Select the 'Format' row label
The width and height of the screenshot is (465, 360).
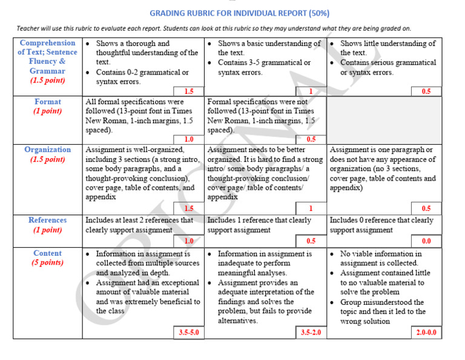tap(48, 102)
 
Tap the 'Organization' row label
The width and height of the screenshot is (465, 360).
tap(48, 150)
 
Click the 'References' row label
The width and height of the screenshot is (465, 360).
tap(48, 220)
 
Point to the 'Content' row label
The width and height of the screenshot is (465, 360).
tap(48, 253)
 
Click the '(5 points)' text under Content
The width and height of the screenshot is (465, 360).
tap(48, 263)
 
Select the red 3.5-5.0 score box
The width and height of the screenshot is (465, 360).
tap(189, 333)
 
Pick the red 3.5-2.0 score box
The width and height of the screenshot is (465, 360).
tap(311, 333)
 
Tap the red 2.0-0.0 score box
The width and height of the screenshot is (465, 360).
tap(426, 333)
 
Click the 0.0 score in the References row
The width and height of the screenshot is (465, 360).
tap(426, 241)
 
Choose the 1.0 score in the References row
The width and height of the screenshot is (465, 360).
tap(189, 241)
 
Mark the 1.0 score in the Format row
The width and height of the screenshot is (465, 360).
tap(189, 139)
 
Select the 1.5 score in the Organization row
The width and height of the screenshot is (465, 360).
tap(189, 208)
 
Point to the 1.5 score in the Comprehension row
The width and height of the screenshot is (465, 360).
tap(189, 92)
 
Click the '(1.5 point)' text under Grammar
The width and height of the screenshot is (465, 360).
tap(48, 81)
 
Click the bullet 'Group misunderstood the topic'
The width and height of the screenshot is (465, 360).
tap(382, 312)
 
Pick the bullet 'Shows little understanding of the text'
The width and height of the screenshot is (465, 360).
tap(387, 48)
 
